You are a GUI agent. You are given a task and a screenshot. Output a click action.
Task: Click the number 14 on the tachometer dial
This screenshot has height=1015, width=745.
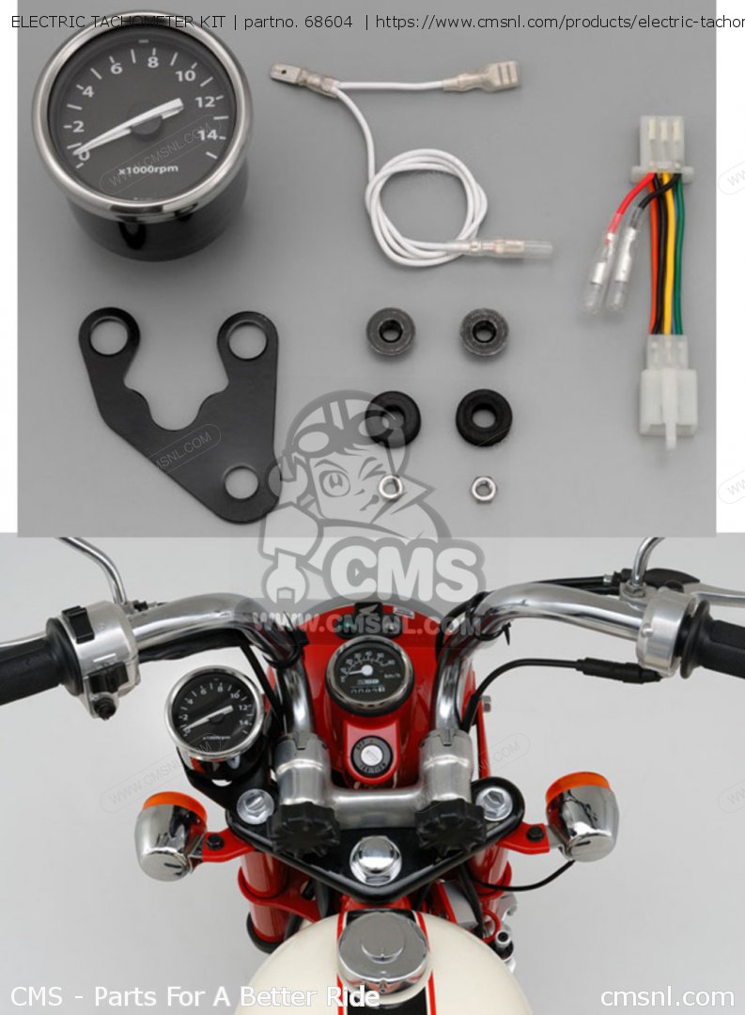tap(209, 134)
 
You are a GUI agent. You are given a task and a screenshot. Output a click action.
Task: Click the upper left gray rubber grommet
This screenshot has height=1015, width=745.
tap(391, 331)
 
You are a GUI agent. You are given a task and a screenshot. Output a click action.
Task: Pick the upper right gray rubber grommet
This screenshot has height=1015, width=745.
tap(484, 331)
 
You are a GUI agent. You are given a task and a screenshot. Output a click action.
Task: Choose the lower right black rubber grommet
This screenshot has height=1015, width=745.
tap(484, 416)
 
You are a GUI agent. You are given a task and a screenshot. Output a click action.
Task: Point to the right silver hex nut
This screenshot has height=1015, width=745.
tap(483, 488)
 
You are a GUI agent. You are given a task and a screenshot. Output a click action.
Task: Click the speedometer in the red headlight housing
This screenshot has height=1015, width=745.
tap(369, 674)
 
